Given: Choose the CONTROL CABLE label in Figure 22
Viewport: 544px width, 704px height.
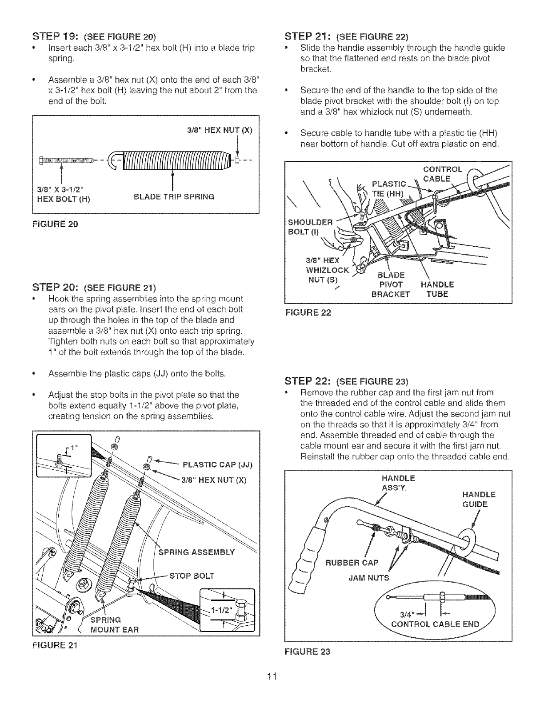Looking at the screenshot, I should (x=442, y=173).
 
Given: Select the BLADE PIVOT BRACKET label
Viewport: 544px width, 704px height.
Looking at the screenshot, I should (x=391, y=285).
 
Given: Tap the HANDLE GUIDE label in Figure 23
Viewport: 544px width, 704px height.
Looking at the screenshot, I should (x=479, y=500).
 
